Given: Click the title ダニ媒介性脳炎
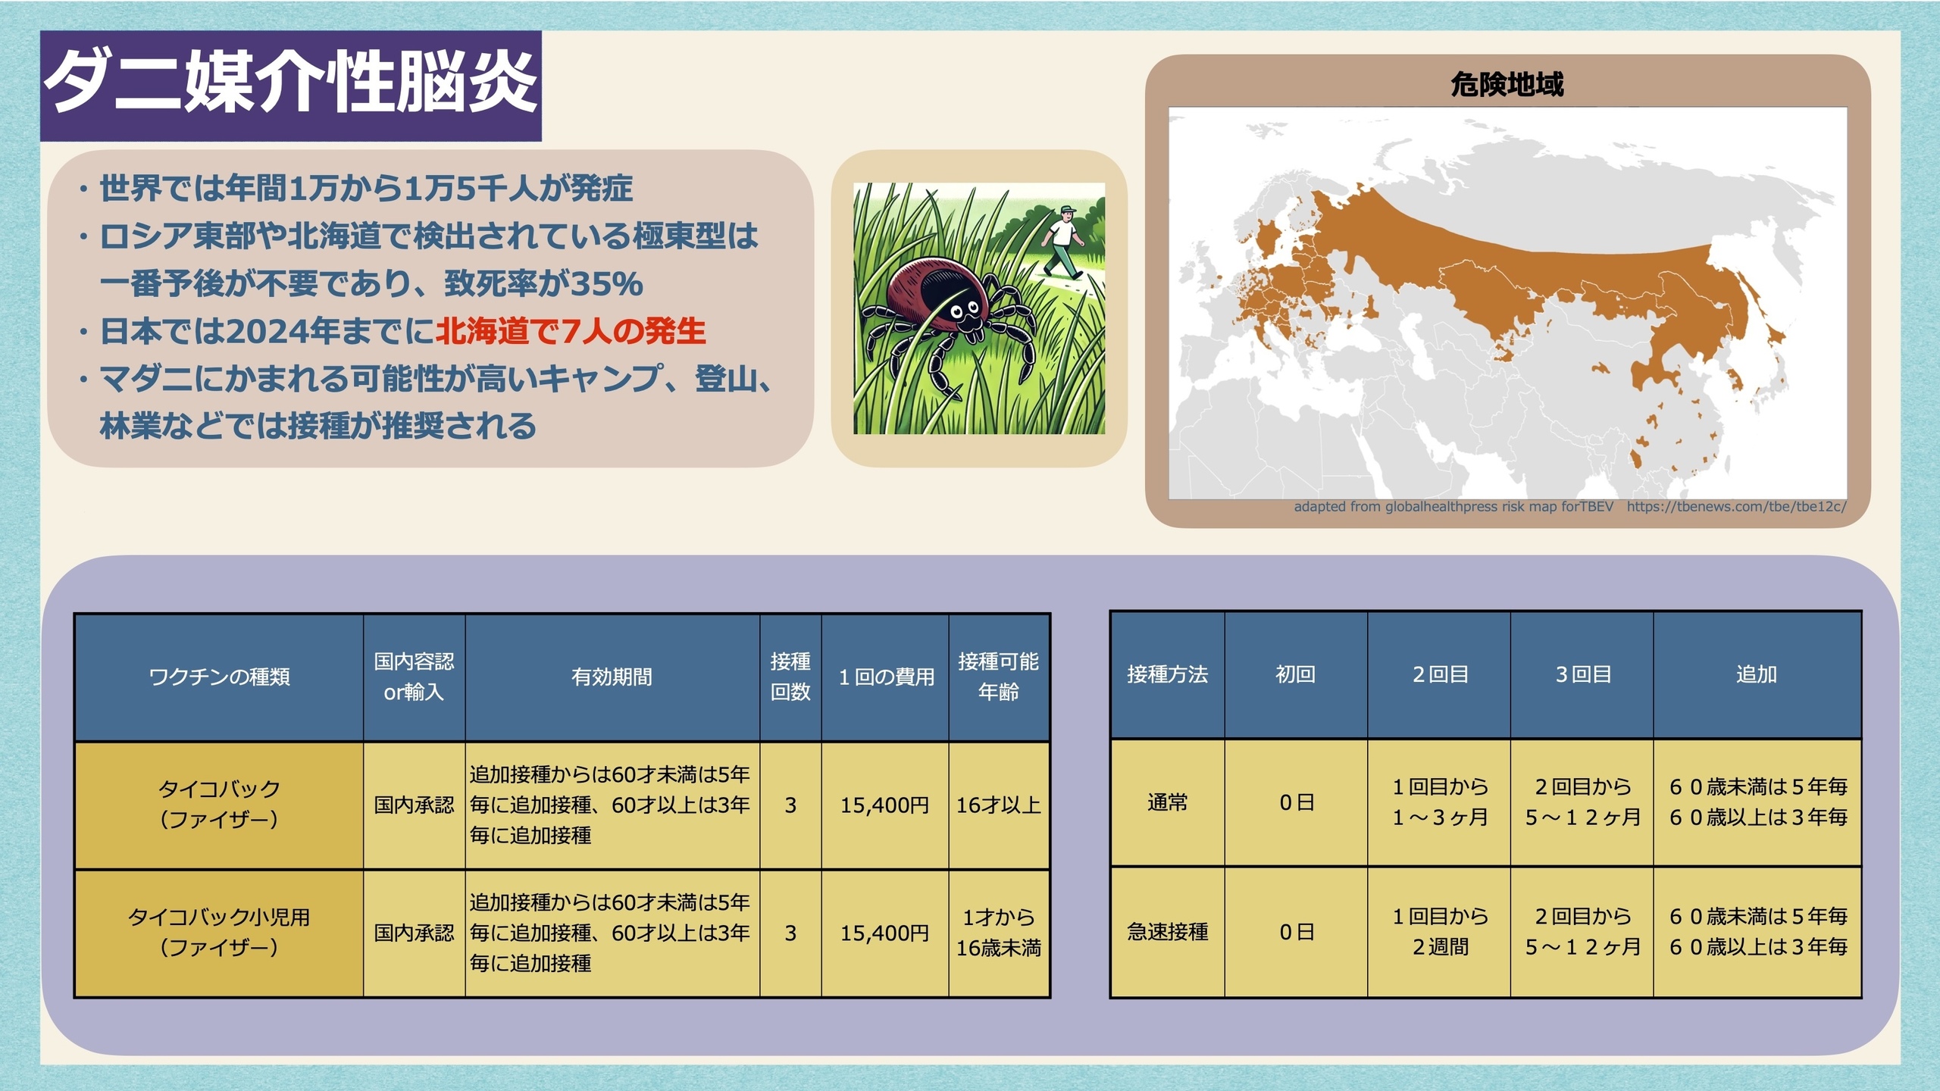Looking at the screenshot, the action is tap(291, 83).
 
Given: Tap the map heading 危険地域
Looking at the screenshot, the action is tap(1507, 84).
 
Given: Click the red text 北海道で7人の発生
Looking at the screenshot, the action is tap(571, 331).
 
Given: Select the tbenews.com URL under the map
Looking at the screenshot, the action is tap(1736, 506).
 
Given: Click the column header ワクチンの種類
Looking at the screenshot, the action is tap(219, 677).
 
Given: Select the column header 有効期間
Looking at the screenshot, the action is tap(612, 677).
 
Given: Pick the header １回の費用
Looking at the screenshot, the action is tap(885, 677).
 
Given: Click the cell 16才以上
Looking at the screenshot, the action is tap(998, 805).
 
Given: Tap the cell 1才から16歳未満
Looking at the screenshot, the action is tap(998, 933).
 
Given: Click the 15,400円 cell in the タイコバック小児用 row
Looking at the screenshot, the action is tap(884, 933).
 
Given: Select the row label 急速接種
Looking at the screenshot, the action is tap(1167, 931).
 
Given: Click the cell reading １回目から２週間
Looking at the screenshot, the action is tap(1440, 931).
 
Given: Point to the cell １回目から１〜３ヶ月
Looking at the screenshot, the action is tap(1440, 802).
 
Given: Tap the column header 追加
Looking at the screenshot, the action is tap(1757, 674).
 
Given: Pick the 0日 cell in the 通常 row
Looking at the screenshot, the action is tap(1296, 802).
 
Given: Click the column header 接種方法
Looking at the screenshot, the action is tap(1167, 674).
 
